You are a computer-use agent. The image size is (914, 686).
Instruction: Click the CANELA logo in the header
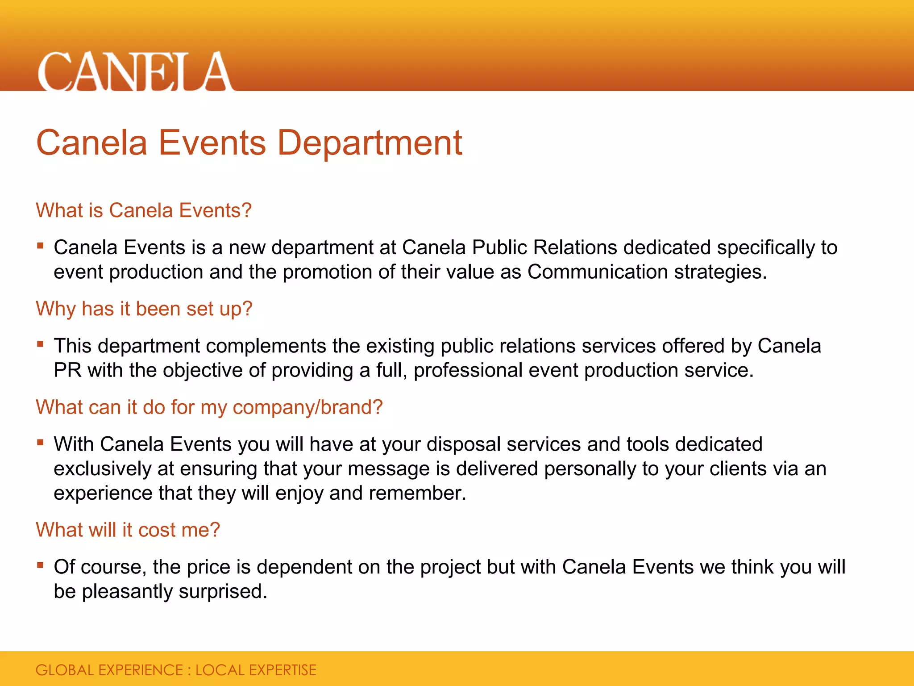[x=135, y=71]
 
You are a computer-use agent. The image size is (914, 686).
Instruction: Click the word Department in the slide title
[x=370, y=143]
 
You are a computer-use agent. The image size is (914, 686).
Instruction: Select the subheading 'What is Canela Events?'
[x=144, y=210]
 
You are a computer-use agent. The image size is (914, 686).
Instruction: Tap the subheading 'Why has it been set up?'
[x=144, y=309]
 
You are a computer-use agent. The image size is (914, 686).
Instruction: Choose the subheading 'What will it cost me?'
[x=128, y=530]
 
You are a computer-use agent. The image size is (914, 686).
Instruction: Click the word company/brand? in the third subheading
[x=307, y=407]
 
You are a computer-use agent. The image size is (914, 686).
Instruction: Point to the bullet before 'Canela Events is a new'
[x=41, y=246]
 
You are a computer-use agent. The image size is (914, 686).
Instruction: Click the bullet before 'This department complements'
[x=41, y=344]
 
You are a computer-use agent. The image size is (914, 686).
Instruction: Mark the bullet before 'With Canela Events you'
[x=41, y=443]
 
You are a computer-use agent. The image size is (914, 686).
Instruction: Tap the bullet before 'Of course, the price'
[x=41, y=565]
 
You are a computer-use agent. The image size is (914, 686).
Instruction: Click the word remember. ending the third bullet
[x=417, y=494]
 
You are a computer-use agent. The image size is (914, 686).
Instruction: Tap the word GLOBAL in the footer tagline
[x=65, y=670]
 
